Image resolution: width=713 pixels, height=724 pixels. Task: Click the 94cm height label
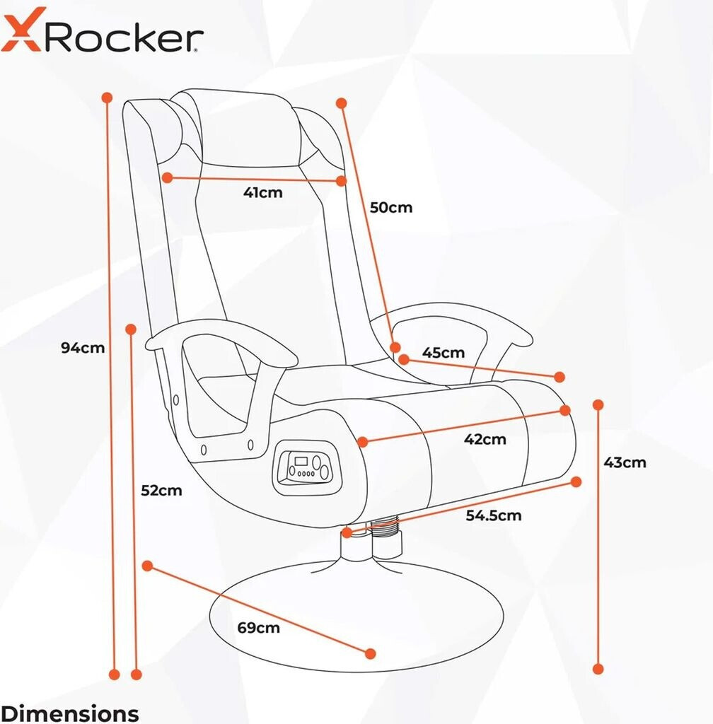(x=83, y=347)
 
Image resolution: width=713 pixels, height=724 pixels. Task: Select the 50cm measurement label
(x=391, y=207)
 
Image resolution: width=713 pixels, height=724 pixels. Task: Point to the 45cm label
(x=444, y=352)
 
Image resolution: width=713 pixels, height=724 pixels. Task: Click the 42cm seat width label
(x=485, y=439)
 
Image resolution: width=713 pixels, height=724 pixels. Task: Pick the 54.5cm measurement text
(x=493, y=515)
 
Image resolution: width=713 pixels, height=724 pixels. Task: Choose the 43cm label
(x=625, y=462)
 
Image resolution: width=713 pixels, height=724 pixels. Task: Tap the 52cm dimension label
(x=161, y=490)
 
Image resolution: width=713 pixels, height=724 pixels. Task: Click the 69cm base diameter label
(x=258, y=627)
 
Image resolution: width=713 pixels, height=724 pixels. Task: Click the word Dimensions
(x=70, y=713)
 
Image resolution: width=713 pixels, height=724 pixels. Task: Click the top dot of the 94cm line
(x=108, y=97)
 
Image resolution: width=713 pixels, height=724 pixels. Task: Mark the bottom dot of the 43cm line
(x=598, y=668)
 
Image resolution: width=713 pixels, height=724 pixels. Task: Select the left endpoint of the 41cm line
(x=167, y=178)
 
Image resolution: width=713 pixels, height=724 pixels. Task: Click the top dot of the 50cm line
(x=342, y=103)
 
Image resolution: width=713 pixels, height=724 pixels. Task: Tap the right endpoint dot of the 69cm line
(x=370, y=653)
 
